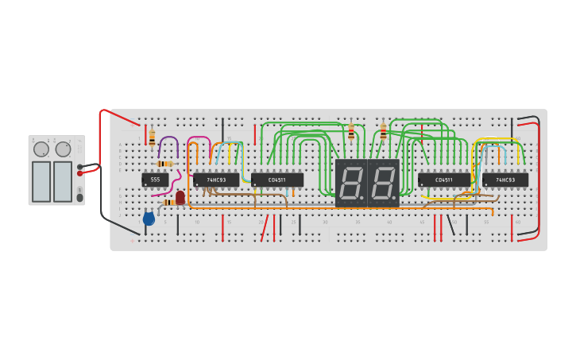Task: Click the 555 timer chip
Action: coord(155,180)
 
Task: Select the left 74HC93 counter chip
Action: coord(216,180)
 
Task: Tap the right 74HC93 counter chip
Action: coord(505,180)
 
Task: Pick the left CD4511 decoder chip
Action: coord(277,180)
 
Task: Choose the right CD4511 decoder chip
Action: coord(444,180)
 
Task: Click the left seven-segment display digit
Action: coord(351,184)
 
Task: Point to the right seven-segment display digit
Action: coord(384,184)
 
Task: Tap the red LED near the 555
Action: coord(180,197)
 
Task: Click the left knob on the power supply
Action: coord(41,149)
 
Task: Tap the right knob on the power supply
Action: coord(63,149)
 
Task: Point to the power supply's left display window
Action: coord(41,181)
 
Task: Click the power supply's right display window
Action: coord(63,181)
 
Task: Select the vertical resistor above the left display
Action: coord(351,133)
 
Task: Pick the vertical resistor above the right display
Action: coord(383,131)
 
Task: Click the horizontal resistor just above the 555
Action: coord(164,164)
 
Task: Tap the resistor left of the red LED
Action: coord(168,202)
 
